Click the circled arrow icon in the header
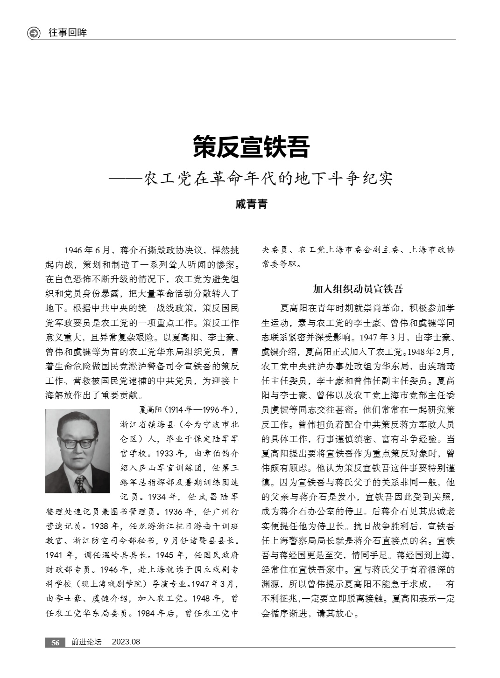coord(34,33)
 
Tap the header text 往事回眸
coord(68,33)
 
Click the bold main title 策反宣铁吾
coord(251,147)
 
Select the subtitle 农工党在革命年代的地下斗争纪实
coord(268,179)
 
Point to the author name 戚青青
coord(251,204)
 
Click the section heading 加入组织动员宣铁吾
coord(358,289)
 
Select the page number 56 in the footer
coord(55,642)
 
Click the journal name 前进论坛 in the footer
coord(86,642)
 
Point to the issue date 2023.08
coord(126,642)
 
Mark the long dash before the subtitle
coord(125,179)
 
